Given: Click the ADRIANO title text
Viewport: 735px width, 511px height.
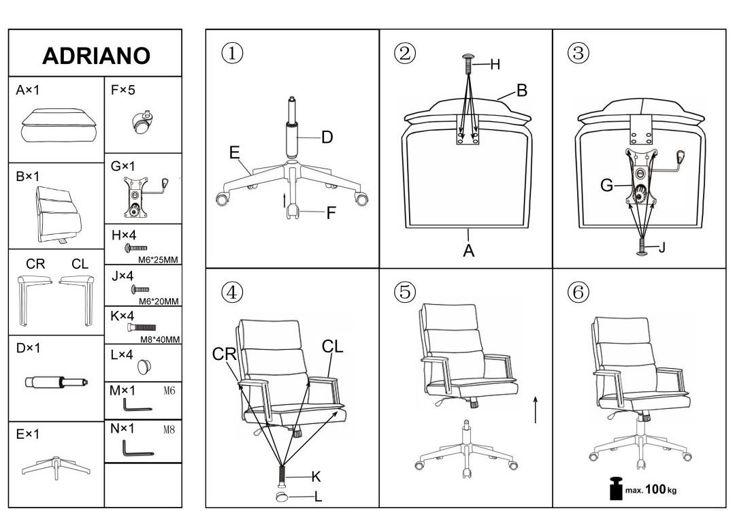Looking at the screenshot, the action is pos(96,56).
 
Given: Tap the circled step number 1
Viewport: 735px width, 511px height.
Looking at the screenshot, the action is pos(232,53).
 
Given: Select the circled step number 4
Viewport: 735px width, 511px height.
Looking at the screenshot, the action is pos(232,292).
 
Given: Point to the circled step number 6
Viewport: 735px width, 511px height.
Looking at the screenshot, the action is pos(578,292).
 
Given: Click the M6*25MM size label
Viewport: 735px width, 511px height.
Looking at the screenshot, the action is pos(159,260).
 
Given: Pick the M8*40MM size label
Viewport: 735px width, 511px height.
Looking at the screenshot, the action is pos(160,340).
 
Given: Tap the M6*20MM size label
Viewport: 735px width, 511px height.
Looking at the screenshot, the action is pos(159,301).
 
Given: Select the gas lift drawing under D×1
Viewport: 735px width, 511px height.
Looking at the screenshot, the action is pos(56,382).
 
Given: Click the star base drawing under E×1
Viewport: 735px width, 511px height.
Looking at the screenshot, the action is pos(56,467).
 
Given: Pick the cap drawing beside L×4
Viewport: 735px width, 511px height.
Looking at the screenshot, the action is pos(144,367).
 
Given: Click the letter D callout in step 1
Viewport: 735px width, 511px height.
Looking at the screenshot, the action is pos(327,137).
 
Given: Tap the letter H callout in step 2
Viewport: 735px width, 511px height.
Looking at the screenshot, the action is pos(495,65).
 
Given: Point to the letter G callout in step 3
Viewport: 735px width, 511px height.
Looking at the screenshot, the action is pos(606,186).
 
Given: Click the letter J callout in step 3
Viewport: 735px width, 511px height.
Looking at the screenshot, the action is pos(662,247).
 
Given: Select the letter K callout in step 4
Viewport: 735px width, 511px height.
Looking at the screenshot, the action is pos(316,477).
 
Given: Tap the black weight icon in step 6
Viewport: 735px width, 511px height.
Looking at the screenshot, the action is pos(615,488).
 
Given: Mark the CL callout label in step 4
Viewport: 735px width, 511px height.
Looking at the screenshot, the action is pos(332,346).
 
